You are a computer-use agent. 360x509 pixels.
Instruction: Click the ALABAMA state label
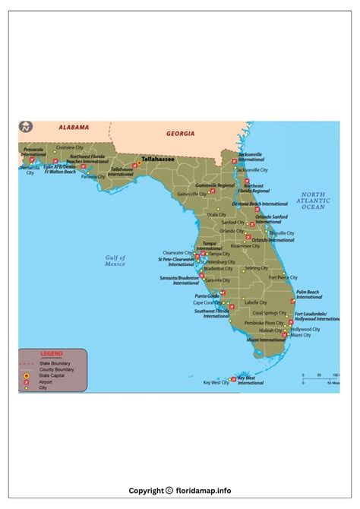pos(74,128)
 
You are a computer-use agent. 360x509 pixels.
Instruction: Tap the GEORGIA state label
pos(181,133)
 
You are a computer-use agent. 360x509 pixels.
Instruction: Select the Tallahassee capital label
pos(157,160)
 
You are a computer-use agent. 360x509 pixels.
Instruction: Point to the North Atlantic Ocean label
pos(313,201)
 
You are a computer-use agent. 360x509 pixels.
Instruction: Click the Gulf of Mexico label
pos(115,261)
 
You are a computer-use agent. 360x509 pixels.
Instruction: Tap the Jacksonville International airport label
pos(250,156)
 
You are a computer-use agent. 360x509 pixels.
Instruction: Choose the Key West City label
pos(216,383)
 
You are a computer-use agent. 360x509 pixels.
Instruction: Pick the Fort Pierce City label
pos(283,277)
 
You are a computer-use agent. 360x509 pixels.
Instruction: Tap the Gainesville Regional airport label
pos(216,185)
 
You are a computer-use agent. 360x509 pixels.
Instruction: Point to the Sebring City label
pos(256,268)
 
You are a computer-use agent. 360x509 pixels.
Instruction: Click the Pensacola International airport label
pos(34,152)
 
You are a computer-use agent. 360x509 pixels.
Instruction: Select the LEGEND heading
pos(52,354)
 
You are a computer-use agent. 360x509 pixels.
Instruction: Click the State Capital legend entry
pos(52,375)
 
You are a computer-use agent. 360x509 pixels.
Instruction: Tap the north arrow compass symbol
pos(26,128)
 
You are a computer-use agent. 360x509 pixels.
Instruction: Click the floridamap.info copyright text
pos(180,491)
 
